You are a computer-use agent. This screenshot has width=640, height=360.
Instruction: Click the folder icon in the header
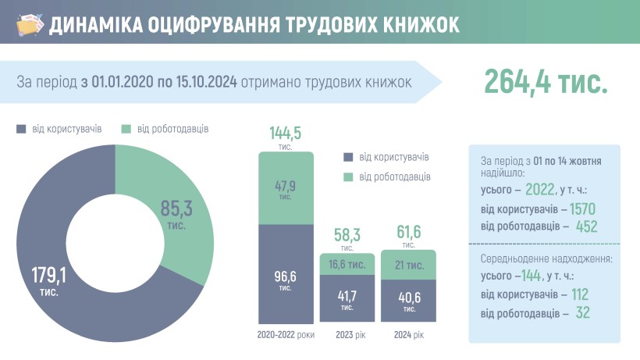pos(29,24)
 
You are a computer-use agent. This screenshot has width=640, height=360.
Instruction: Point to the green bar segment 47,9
pos(286,187)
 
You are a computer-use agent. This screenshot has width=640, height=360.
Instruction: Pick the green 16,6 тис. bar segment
pos(347,265)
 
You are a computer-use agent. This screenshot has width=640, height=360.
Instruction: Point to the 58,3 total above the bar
pos(347,234)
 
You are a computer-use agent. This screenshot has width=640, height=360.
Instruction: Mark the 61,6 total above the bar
pos(408,231)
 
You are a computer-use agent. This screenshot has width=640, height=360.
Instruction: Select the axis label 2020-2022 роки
pos(286,335)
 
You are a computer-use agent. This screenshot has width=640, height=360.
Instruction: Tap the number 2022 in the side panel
pos(540,190)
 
